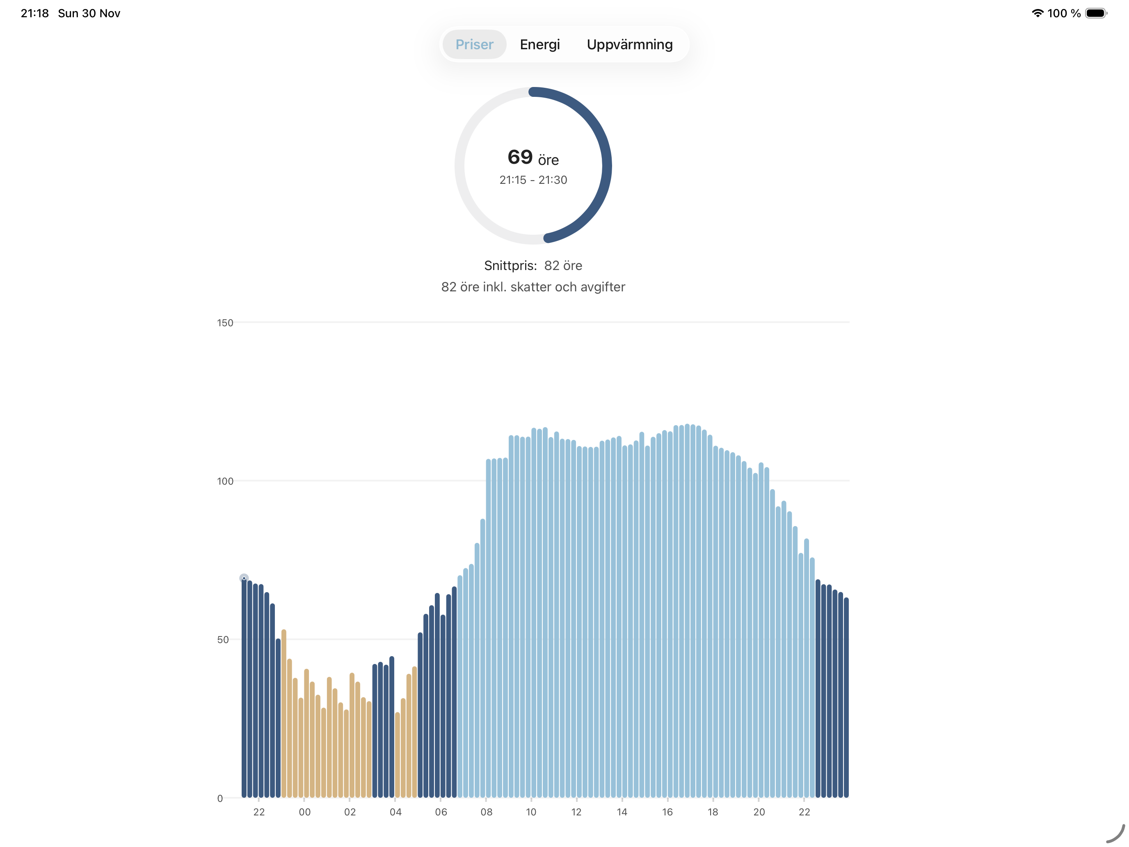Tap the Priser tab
tap(474, 44)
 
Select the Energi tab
tap(539, 44)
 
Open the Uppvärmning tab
tap(629, 44)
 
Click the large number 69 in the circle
tap(520, 157)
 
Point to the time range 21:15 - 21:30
tap(533, 180)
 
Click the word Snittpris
tap(510, 266)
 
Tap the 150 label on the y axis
tap(225, 323)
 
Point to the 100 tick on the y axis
tap(225, 481)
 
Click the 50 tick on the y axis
tap(223, 640)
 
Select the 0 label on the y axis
tap(220, 799)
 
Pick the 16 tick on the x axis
tap(667, 812)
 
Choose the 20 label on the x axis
tap(759, 812)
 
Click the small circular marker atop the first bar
tap(244, 578)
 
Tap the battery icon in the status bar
tap(1095, 13)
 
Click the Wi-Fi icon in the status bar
tap(1037, 13)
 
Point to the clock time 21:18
tap(35, 13)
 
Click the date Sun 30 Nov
tap(89, 13)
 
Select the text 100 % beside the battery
tap(1064, 13)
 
